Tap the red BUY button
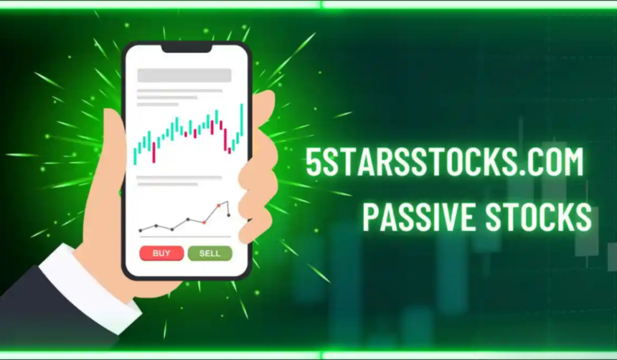(x=161, y=253)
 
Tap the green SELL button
(x=209, y=253)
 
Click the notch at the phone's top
(x=186, y=47)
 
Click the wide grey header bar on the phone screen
(x=184, y=75)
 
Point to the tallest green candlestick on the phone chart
(x=241, y=120)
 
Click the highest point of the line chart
(x=227, y=202)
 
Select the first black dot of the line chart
(x=141, y=230)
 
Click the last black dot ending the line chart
(x=229, y=215)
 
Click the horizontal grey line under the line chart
(x=184, y=237)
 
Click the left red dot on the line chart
(x=204, y=222)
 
